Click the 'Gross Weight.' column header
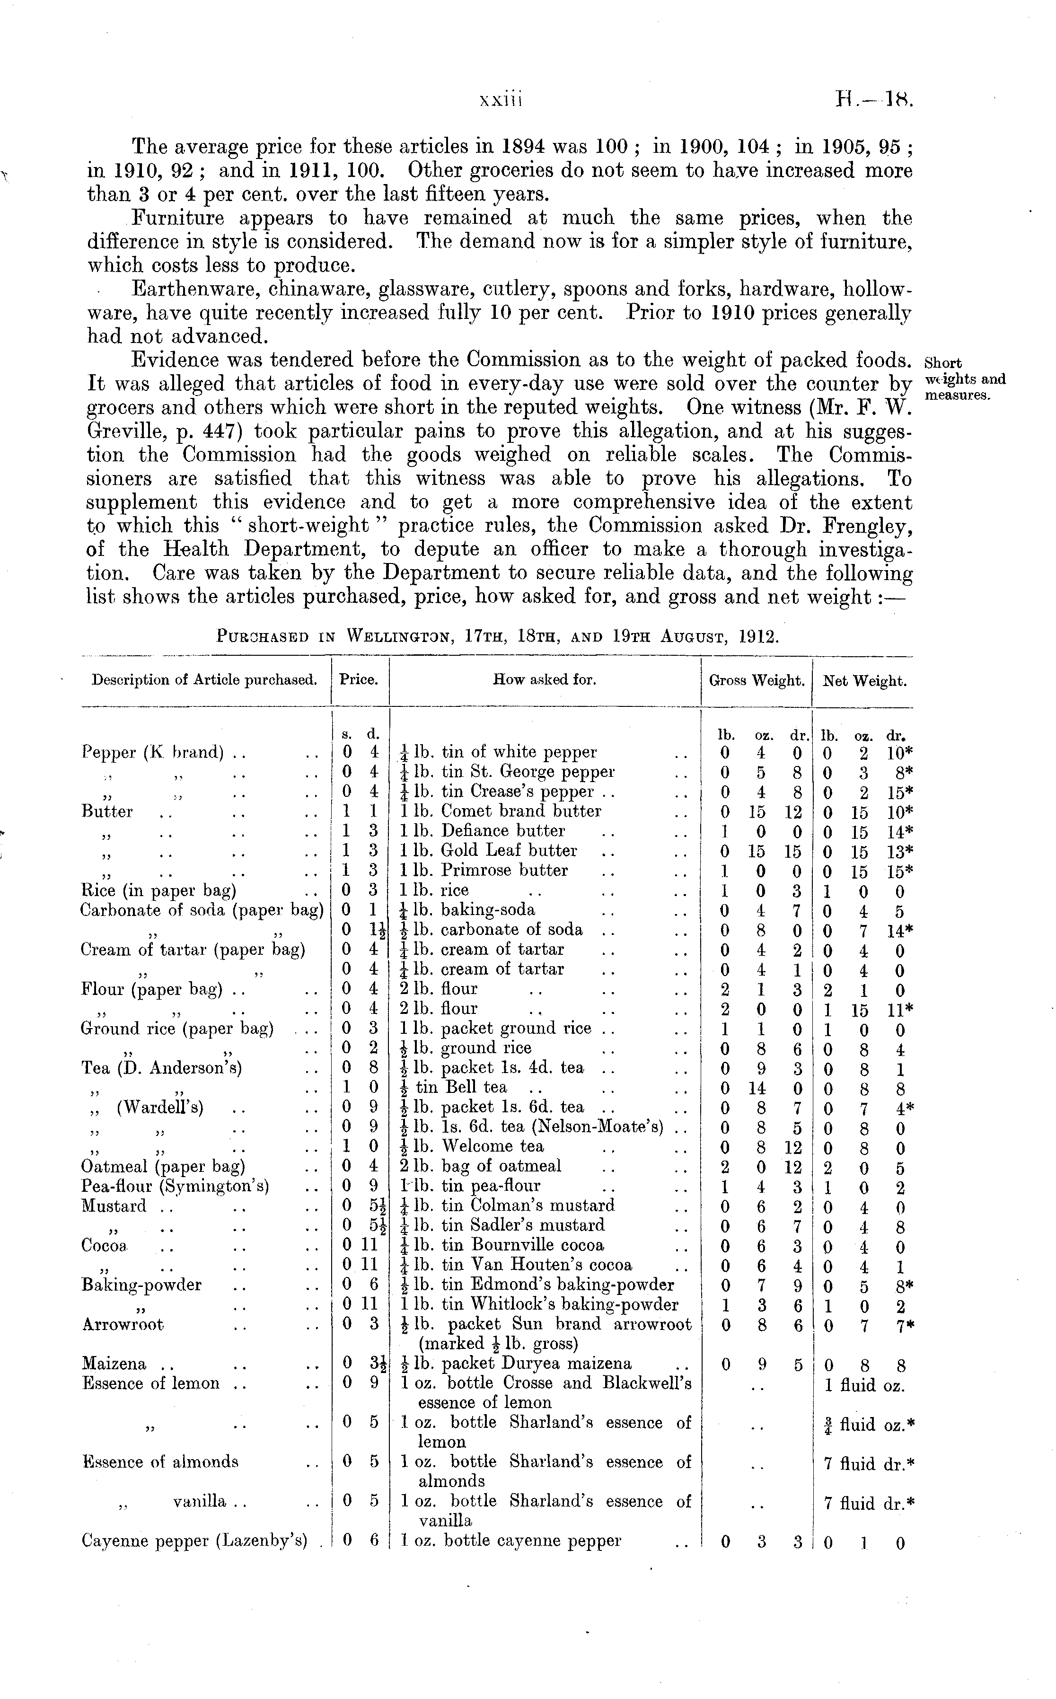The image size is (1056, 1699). point(756,681)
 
